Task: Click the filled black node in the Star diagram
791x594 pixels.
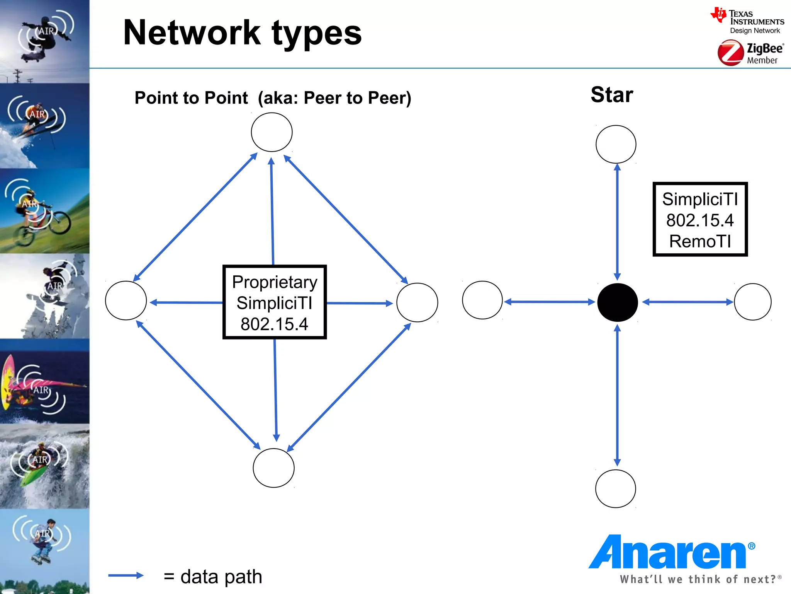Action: pyautogui.click(x=617, y=302)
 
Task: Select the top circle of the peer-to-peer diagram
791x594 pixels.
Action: pyautogui.click(x=272, y=132)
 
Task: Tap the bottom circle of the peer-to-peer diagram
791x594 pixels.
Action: pyautogui.click(x=273, y=468)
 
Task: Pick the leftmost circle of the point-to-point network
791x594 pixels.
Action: pyautogui.click(x=126, y=300)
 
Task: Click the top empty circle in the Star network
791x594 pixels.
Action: pyautogui.click(x=616, y=144)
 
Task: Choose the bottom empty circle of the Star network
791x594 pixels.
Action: pyautogui.click(x=615, y=488)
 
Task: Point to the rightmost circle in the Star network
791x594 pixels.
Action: pyautogui.click(x=752, y=302)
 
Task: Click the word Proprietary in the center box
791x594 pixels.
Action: pyautogui.click(x=275, y=282)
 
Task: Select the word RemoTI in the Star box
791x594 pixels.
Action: pyautogui.click(x=700, y=241)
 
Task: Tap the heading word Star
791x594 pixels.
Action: pyautogui.click(x=612, y=95)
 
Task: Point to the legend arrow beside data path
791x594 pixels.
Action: pyautogui.click(x=126, y=575)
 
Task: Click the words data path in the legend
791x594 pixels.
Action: pyautogui.click(x=221, y=577)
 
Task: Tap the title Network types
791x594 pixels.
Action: pyautogui.click(x=242, y=33)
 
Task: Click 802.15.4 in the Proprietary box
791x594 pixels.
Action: pyautogui.click(x=274, y=324)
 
